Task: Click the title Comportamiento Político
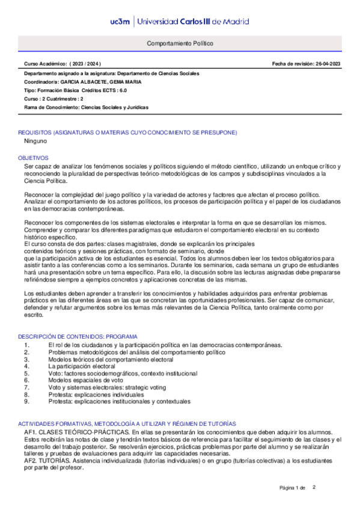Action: click(x=180, y=44)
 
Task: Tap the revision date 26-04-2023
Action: click(x=323, y=63)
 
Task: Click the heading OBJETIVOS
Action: click(x=33, y=157)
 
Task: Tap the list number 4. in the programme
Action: click(x=27, y=366)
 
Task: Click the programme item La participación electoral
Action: click(x=81, y=366)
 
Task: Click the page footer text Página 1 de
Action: click(x=293, y=487)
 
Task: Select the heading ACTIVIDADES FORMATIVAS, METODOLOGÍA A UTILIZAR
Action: click(x=127, y=424)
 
